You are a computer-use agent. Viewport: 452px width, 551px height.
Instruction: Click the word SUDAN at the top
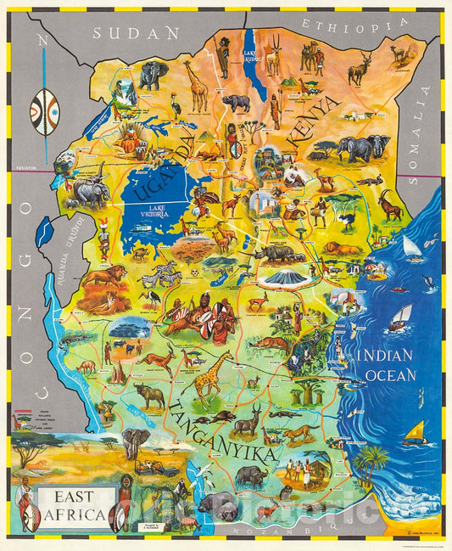pos(137,33)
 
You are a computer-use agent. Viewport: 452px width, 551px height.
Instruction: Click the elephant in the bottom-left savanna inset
pos(135,441)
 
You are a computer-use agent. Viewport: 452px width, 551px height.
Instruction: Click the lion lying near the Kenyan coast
pos(343,248)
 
